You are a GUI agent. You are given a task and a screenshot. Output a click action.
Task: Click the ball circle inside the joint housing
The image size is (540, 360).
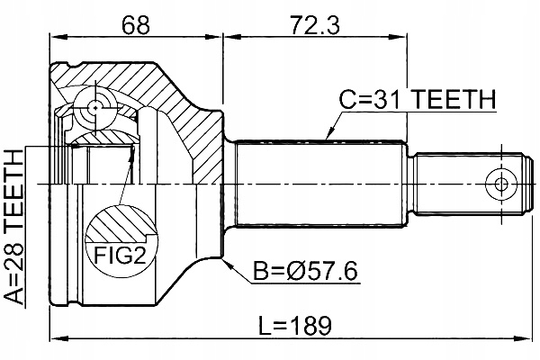tap(94, 107)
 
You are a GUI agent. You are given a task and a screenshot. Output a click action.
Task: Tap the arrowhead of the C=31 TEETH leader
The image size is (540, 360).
tap(327, 138)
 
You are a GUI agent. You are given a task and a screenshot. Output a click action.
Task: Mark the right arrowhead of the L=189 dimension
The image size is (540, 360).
tap(526, 338)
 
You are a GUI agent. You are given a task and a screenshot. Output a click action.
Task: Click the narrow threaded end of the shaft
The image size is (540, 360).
tap(468, 184)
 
